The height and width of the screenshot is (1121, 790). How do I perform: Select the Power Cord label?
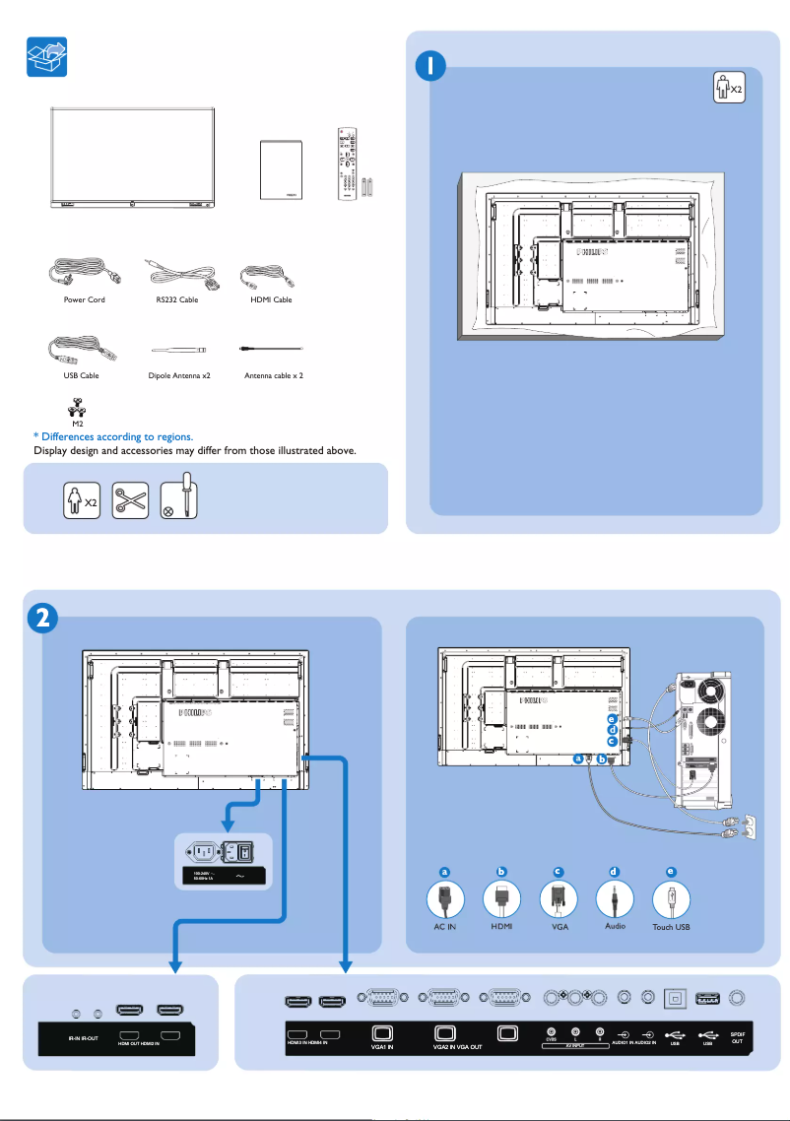click(x=84, y=299)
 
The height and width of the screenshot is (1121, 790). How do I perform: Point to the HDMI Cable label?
click(x=270, y=299)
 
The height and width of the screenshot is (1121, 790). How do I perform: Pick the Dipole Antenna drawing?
click(x=177, y=349)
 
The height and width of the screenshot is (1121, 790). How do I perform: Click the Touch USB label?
click(x=672, y=928)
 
